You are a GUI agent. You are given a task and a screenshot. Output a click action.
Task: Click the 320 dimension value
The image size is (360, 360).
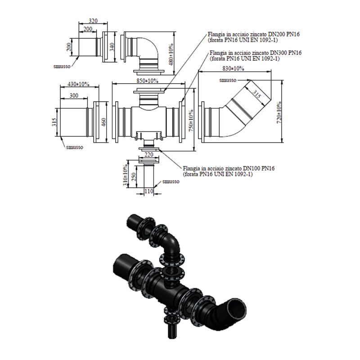(93, 21)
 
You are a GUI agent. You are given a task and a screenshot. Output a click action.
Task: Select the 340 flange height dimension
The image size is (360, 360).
(112, 47)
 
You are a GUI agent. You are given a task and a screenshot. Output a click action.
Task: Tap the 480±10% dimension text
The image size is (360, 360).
(171, 54)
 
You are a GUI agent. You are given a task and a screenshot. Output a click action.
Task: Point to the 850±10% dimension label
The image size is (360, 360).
(147, 81)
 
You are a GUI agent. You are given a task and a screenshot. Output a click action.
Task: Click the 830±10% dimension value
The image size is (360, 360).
(233, 68)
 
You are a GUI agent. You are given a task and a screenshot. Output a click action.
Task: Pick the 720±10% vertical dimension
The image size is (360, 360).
(279, 112)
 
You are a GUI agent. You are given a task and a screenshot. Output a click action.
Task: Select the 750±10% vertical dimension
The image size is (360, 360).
(191, 121)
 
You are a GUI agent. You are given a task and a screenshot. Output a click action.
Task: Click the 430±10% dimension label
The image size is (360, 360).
(78, 84)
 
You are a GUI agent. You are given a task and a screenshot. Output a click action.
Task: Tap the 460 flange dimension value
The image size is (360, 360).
(103, 122)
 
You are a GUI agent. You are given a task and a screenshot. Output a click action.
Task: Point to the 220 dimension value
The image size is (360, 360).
(149, 155)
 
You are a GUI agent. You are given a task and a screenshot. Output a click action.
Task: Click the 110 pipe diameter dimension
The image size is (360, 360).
(149, 191)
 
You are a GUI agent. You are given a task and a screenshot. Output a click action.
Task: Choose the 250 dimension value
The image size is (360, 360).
(134, 176)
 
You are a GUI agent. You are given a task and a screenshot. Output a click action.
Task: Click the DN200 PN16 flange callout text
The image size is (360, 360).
(254, 37)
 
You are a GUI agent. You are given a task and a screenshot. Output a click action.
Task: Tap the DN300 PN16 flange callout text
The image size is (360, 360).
(256, 55)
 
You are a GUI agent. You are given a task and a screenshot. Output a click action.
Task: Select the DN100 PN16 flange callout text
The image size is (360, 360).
(229, 171)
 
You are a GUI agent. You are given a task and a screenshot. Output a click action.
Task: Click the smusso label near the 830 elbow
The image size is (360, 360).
(228, 80)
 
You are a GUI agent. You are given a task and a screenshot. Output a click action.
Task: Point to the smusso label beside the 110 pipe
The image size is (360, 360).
(171, 181)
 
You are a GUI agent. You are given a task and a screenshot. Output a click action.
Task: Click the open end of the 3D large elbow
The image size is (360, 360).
(237, 310)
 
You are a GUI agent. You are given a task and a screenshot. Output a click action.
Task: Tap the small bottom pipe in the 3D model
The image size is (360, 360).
(172, 331)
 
